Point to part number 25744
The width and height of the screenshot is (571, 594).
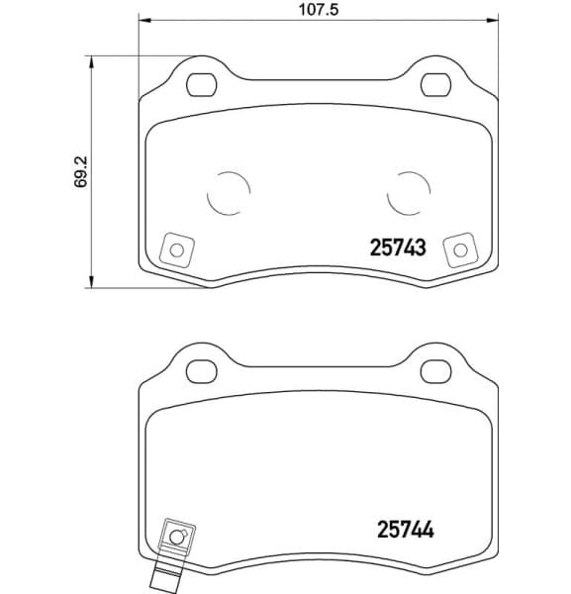[x=405, y=531]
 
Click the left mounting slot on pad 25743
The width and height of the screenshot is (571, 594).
[x=203, y=85]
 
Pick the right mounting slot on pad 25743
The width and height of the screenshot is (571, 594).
[x=436, y=85]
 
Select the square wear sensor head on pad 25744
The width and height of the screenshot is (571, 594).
[x=177, y=537]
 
